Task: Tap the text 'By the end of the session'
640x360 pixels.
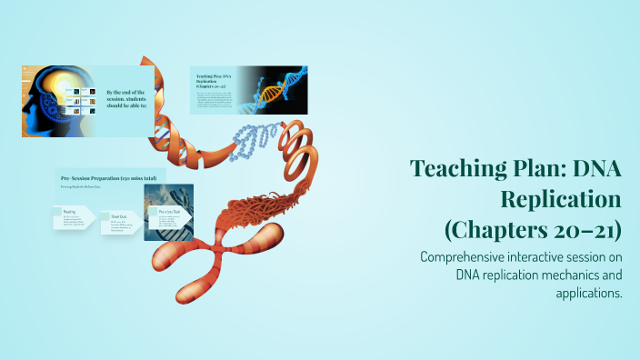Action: pyautogui.click(x=129, y=97)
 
